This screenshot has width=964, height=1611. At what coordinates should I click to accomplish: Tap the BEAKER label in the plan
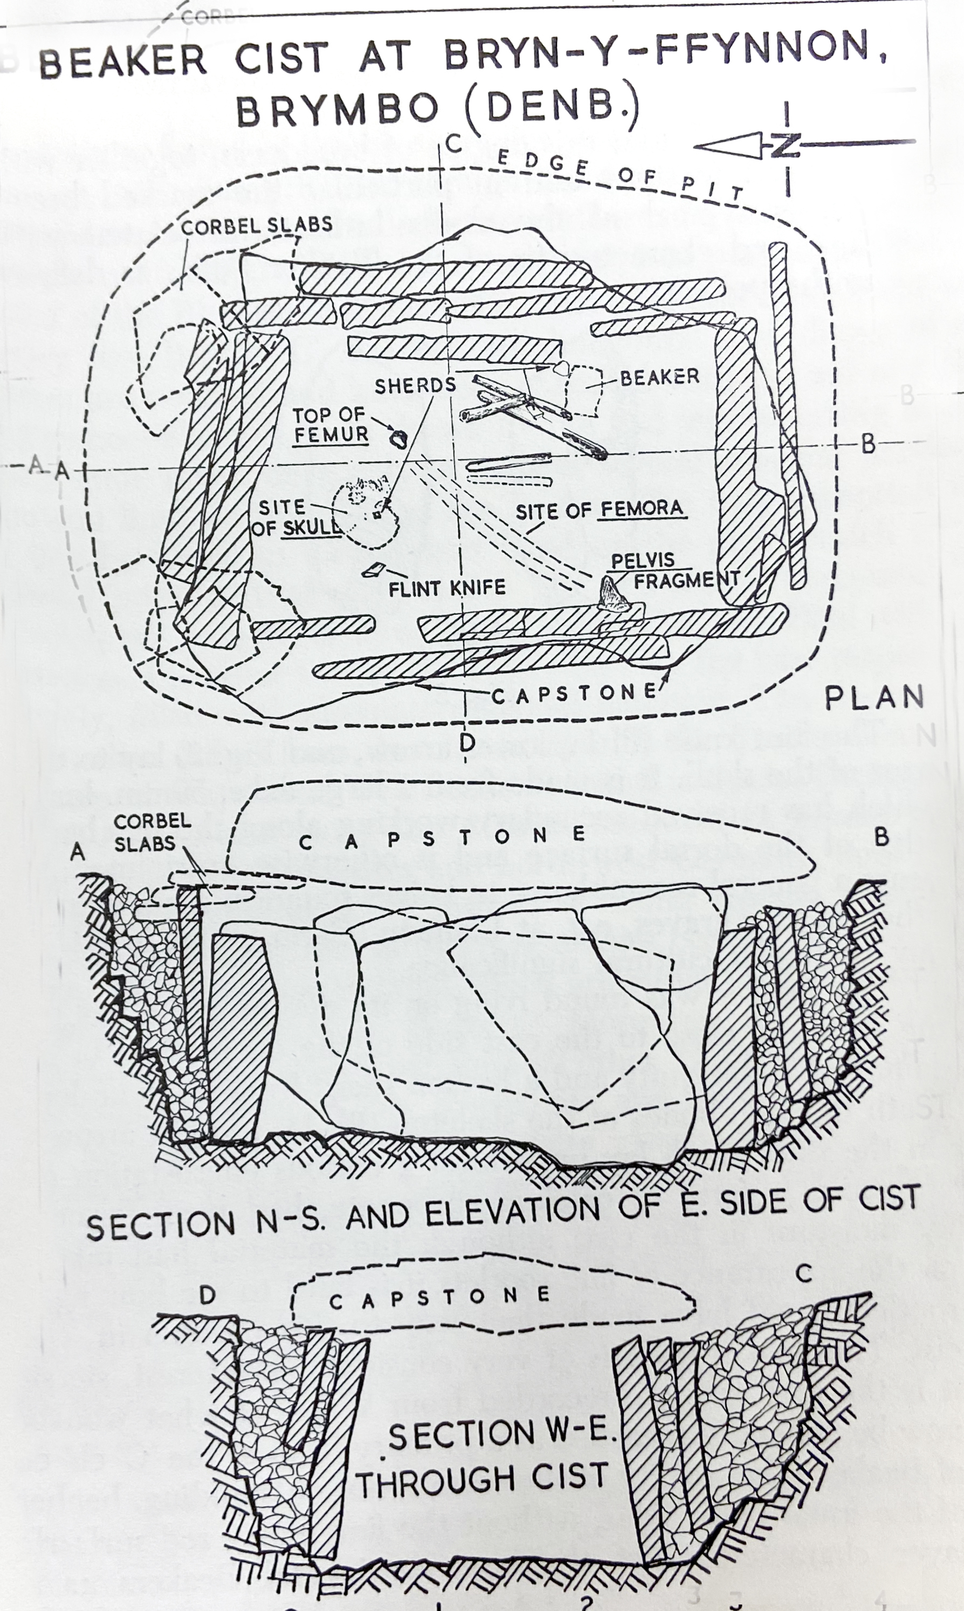pyautogui.click(x=659, y=377)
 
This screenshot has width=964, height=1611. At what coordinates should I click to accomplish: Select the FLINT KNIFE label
pyautogui.click(x=447, y=588)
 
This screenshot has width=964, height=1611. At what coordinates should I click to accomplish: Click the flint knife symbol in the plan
pyautogui.click(x=372, y=570)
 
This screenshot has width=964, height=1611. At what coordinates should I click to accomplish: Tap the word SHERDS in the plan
pyautogui.click(x=415, y=385)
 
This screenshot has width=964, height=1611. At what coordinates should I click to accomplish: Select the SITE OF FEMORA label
pyautogui.click(x=601, y=510)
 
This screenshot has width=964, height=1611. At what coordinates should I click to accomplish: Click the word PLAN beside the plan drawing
pyautogui.click(x=874, y=698)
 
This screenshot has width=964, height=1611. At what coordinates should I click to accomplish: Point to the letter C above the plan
pyautogui.click(x=453, y=144)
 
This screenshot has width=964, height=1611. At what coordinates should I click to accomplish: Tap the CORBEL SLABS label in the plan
pyautogui.click(x=257, y=225)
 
